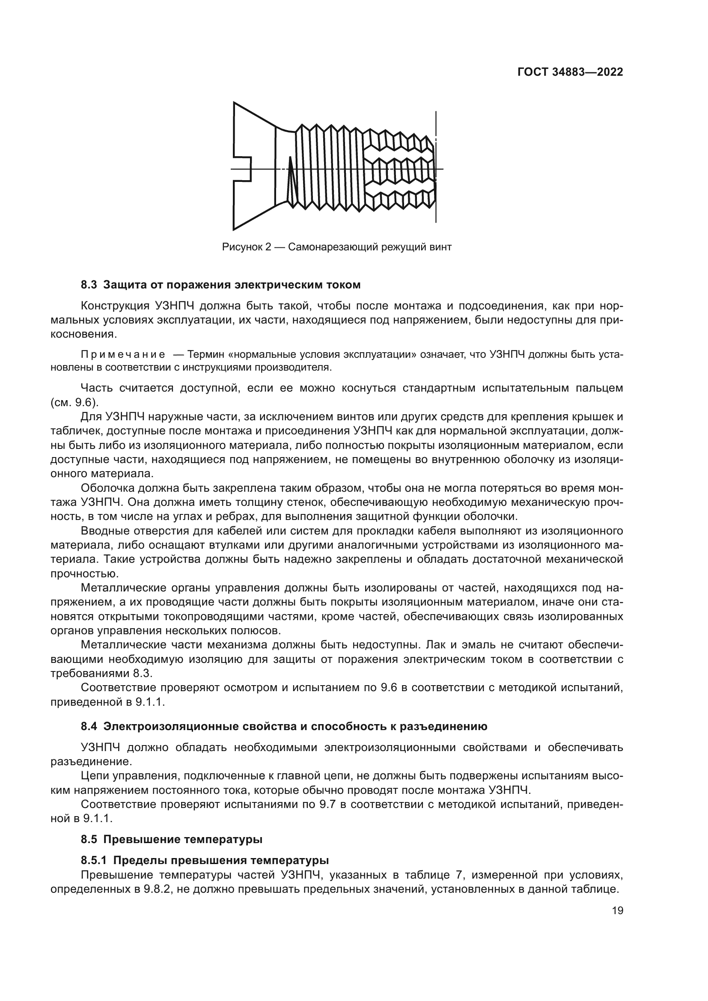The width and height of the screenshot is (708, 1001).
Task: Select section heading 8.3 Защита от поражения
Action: pyautogui.click(x=220, y=285)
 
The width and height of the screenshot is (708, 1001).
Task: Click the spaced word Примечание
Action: pyautogui.click(x=123, y=354)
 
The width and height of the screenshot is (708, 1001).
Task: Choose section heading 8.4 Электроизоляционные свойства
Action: pyautogui.click(x=284, y=727)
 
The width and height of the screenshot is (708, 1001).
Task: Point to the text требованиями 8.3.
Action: pyautogui.click(x=101, y=674)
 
